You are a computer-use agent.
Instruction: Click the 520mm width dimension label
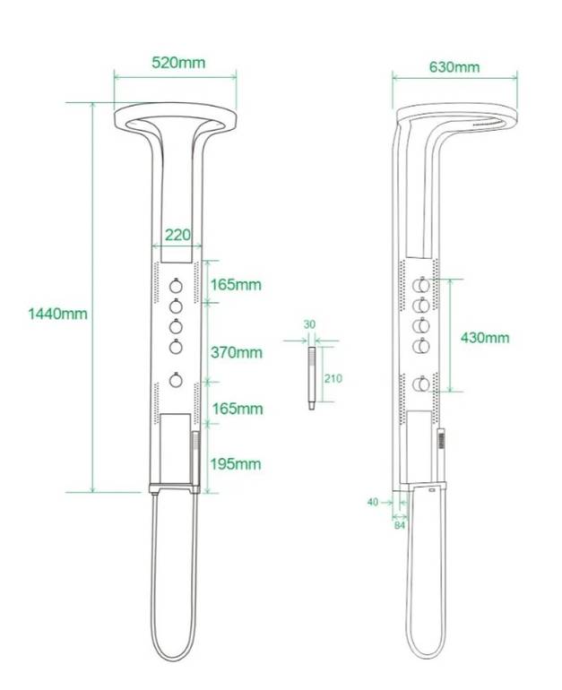click(x=178, y=63)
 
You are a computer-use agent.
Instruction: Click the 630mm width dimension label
click(x=454, y=67)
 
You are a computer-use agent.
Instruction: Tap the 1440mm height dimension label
click(x=57, y=314)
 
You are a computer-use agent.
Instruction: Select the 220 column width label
click(x=177, y=235)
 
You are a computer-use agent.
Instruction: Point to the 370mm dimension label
click(x=237, y=352)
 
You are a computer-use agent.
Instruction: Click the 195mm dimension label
click(x=236, y=464)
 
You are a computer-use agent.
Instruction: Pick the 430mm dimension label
click(x=485, y=338)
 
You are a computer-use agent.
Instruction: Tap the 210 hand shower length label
click(x=333, y=378)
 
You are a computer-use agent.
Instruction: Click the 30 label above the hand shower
click(x=309, y=324)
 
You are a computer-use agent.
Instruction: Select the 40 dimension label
click(x=373, y=502)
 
